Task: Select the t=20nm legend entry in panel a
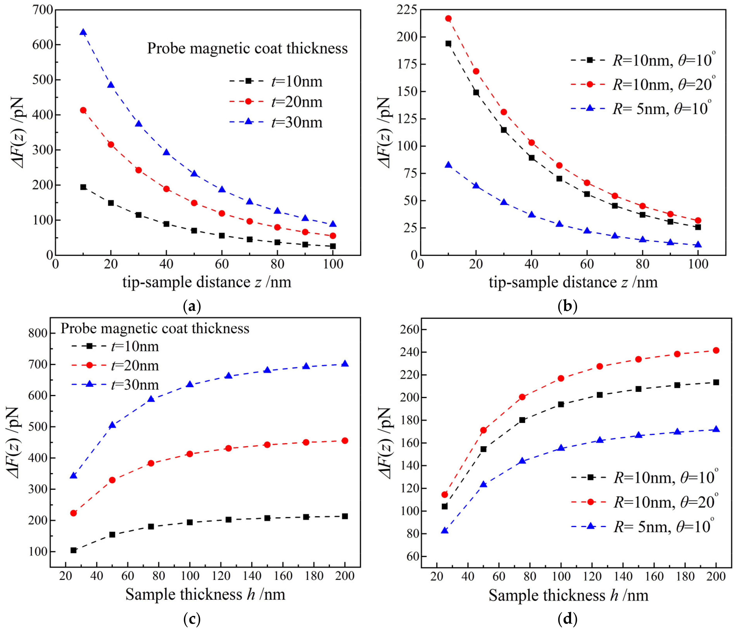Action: pos(276,102)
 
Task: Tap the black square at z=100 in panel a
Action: pos(333,246)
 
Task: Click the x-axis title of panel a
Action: pos(207,282)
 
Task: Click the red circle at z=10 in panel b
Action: pos(448,19)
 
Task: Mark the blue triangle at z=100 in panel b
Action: pos(698,245)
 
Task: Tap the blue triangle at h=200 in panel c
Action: pos(345,364)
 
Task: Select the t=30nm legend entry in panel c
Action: pos(115,385)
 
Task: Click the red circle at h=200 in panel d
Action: pos(716,350)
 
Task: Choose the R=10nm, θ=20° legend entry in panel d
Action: pos(642,502)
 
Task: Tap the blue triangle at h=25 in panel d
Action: pos(445,531)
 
